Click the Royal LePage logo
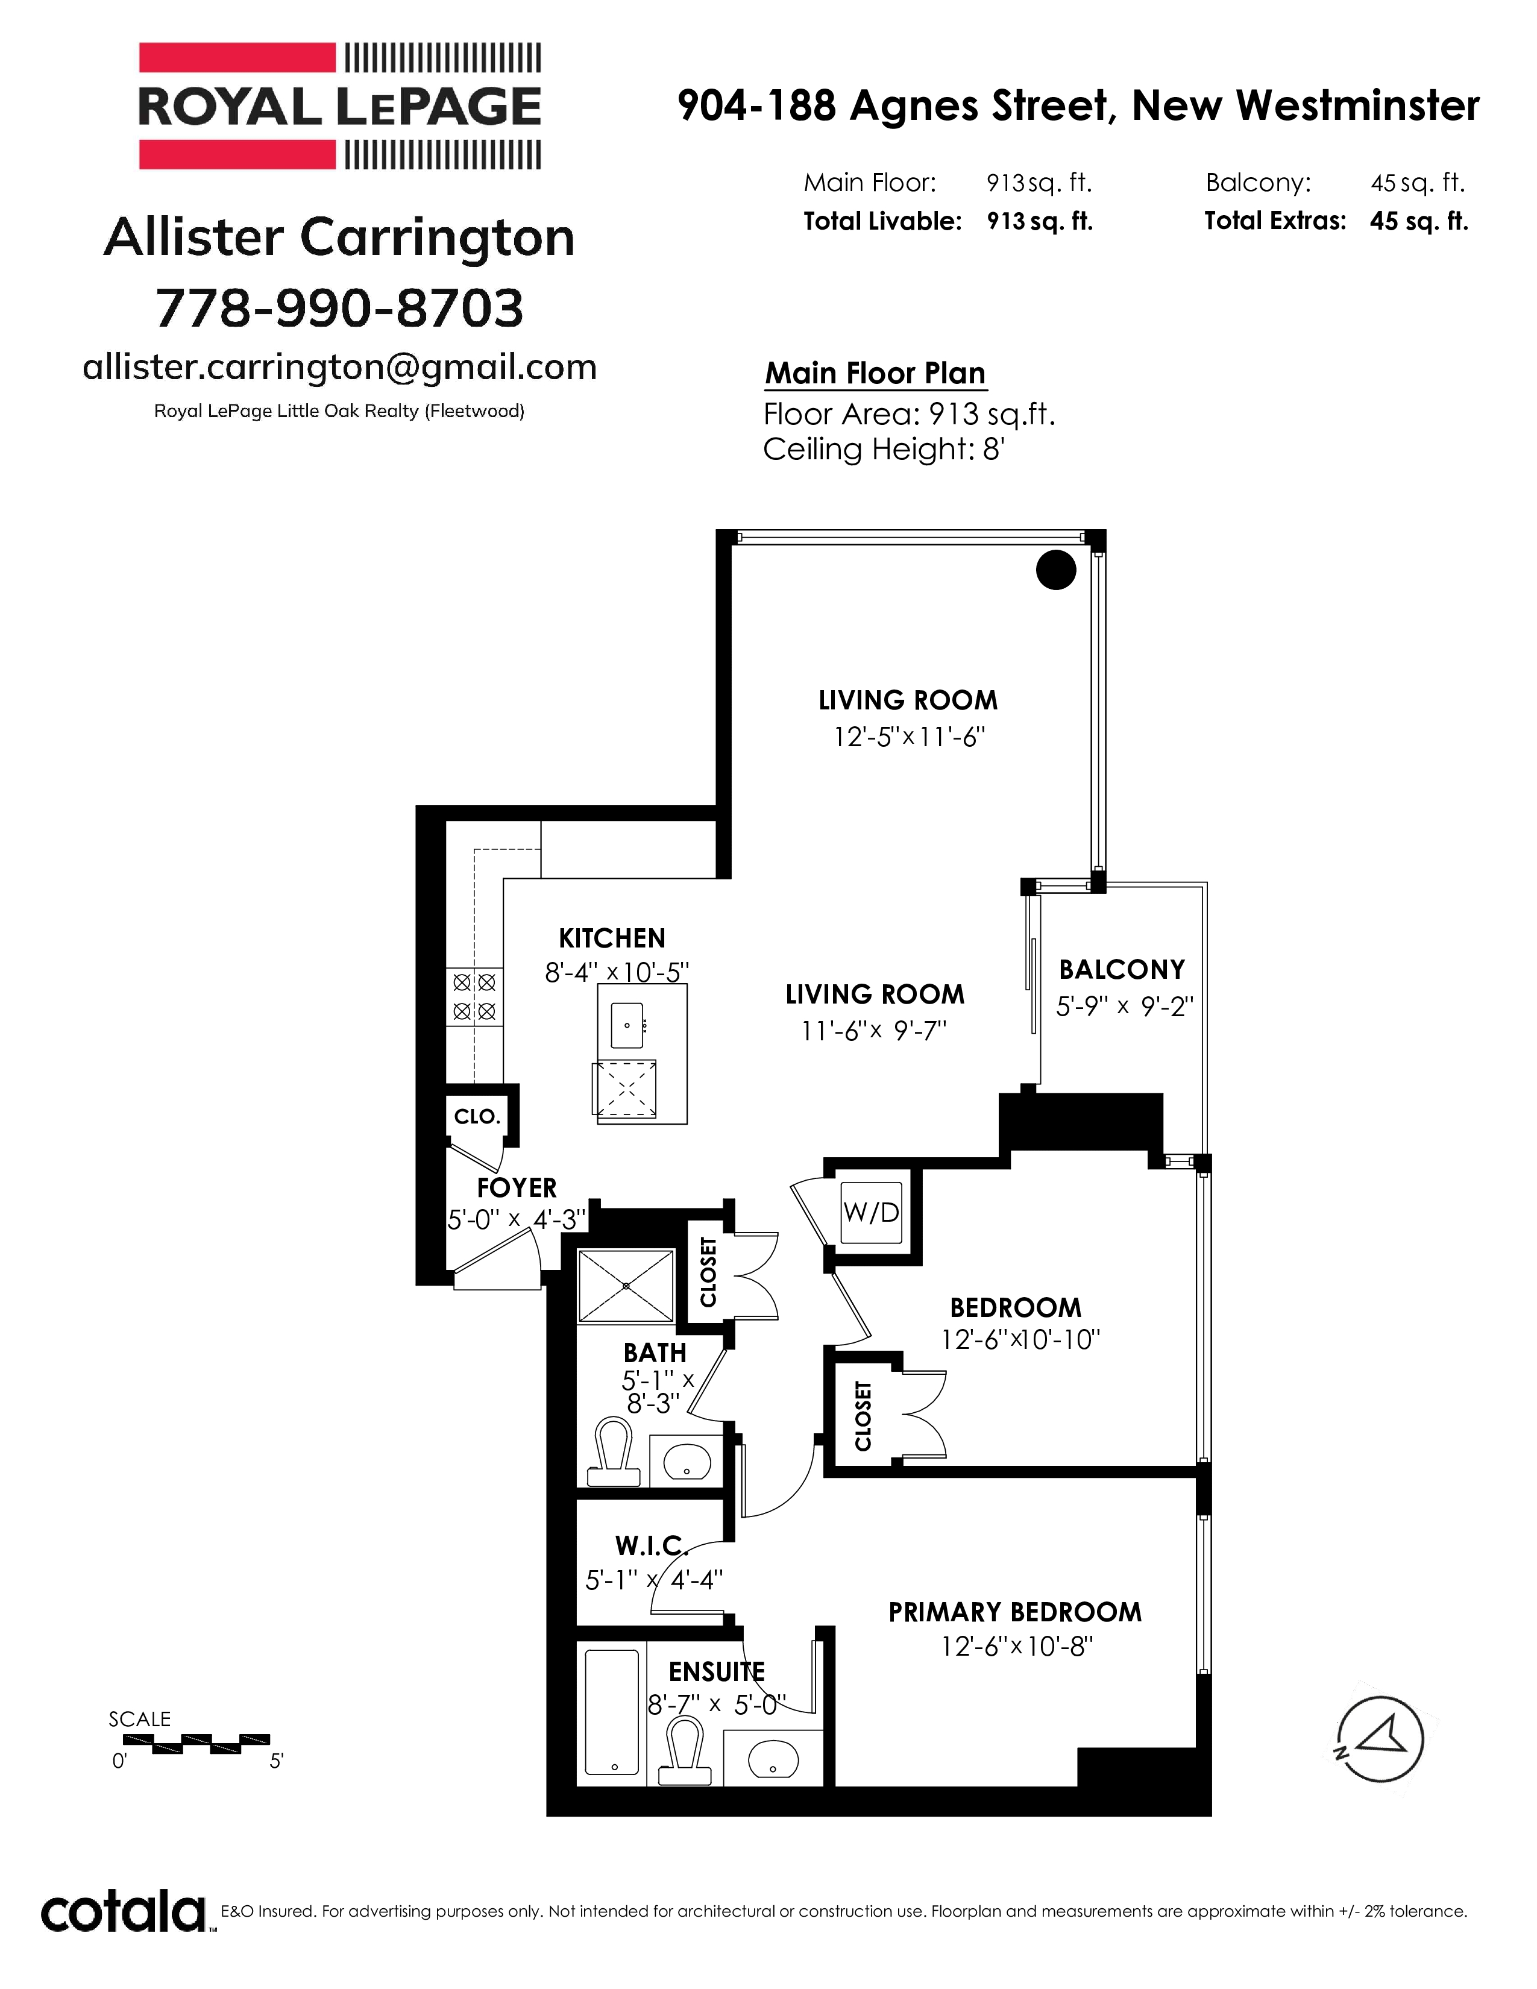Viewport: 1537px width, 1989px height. click(339, 107)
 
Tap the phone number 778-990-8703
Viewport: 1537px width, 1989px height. click(339, 308)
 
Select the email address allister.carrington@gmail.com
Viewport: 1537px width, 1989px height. click(339, 367)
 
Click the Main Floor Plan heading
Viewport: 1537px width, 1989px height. click(875, 374)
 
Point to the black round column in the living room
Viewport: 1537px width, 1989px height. click(1056, 570)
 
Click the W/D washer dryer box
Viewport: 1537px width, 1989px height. click(872, 1212)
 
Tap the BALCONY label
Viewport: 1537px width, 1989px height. click(1122, 969)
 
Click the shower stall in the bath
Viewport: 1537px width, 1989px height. click(626, 1286)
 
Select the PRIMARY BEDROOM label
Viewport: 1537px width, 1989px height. click(1015, 1612)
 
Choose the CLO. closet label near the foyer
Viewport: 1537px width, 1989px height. click(477, 1116)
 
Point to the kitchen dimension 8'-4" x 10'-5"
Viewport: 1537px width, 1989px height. click(617, 973)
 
